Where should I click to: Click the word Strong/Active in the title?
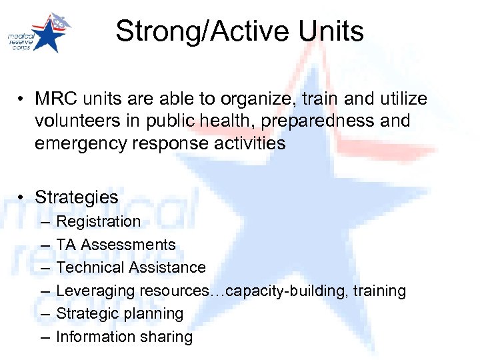click(199, 31)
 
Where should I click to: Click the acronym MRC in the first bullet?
click(55, 99)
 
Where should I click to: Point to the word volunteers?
click(75, 121)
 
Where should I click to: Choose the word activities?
click(248, 143)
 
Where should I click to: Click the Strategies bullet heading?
click(76, 197)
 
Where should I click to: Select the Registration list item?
click(99, 221)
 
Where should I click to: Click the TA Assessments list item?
click(116, 245)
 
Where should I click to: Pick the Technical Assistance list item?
click(131, 267)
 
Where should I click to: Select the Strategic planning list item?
click(119, 313)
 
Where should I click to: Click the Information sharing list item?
click(124, 337)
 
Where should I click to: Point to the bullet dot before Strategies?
click(22, 198)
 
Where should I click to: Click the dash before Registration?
click(44, 221)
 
